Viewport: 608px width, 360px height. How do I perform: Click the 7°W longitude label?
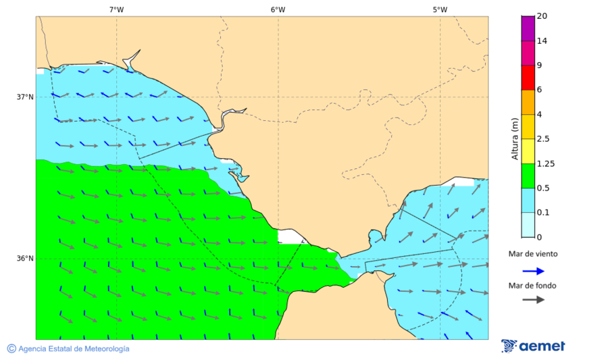pos(116,9)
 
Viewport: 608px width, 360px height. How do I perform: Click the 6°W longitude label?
pos(278,9)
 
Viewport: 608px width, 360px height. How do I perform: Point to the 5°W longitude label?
pos(440,9)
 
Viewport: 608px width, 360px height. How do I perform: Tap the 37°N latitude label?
pos(25,97)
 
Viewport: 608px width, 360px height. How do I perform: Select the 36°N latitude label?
pos(25,259)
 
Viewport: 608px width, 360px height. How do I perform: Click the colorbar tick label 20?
pos(542,16)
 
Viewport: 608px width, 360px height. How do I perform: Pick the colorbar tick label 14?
pos(542,41)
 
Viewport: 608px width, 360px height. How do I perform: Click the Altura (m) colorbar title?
pos(515,139)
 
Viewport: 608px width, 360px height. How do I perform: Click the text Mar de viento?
pos(533,254)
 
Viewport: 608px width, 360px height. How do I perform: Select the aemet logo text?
pos(542,346)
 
